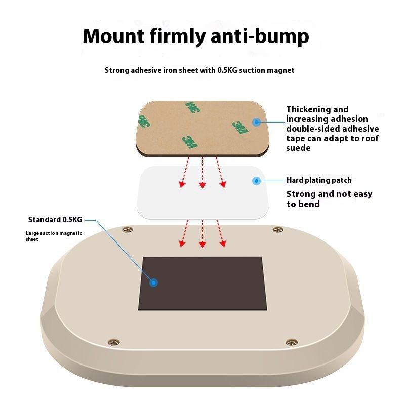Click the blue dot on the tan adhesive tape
(x=256, y=122)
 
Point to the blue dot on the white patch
(x=256, y=181)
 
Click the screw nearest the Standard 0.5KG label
(x=127, y=231)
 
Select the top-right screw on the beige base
(x=277, y=230)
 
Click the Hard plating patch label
(x=319, y=180)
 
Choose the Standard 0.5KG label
(x=55, y=220)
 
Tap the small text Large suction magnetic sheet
(x=54, y=236)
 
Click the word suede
(x=298, y=148)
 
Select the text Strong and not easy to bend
(x=329, y=199)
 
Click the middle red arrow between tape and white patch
(x=202, y=172)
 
